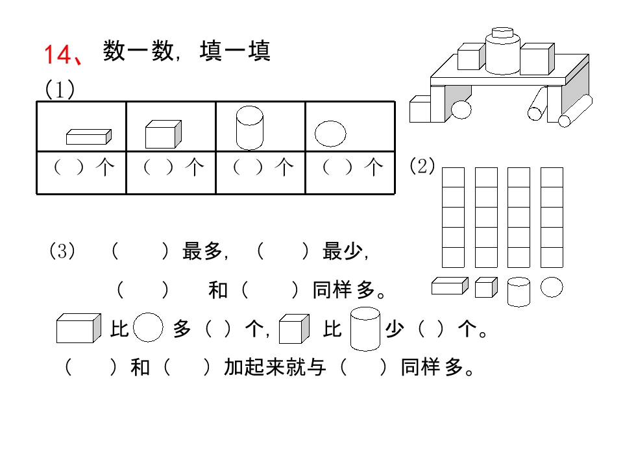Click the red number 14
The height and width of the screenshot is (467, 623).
click(x=58, y=54)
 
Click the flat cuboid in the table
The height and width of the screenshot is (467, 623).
click(x=89, y=137)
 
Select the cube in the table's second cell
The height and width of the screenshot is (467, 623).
click(x=164, y=134)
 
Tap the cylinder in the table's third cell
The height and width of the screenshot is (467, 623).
click(x=249, y=128)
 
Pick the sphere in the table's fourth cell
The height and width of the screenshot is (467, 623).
click(x=330, y=134)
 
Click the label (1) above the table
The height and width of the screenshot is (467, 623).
click(x=60, y=89)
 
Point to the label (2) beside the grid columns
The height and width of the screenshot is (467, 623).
click(x=422, y=165)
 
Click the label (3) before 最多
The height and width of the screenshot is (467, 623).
click(x=62, y=251)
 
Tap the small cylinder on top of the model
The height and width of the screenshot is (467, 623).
click(x=502, y=32)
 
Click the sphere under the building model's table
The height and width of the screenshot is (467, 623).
click(x=461, y=110)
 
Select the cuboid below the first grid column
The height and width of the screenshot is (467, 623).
click(x=450, y=286)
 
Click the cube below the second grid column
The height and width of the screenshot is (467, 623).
click(x=486, y=287)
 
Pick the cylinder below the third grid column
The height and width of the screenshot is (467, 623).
click(x=519, y=292)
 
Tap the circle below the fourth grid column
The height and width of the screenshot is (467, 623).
click(x=552, y=287)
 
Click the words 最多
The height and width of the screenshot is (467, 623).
click(x=202, y=251)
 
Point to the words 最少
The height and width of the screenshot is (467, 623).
click(x=342, y=251)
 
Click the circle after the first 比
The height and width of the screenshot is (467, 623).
click(x=148, y=328)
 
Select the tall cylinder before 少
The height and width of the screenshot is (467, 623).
click(x=365, y=329)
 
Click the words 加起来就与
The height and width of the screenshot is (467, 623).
click(x=275, y=367)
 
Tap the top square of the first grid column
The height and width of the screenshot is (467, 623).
click(x=454, y=177)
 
